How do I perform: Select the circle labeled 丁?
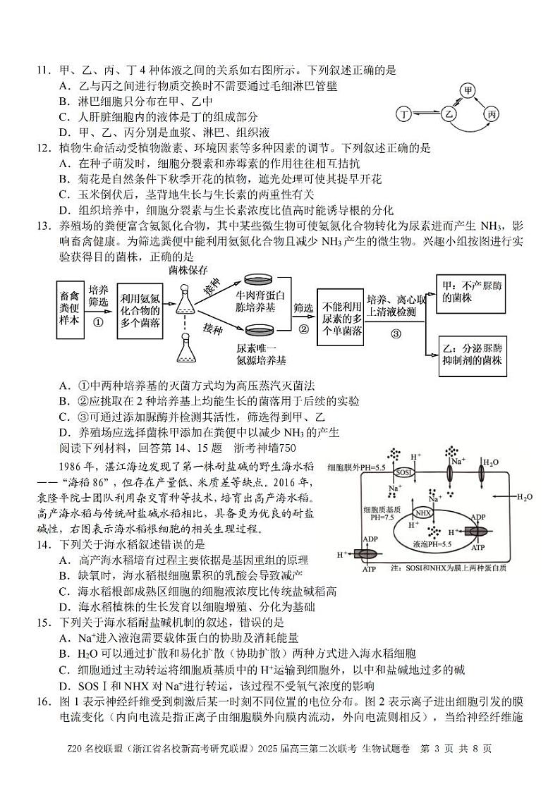click(404, 114)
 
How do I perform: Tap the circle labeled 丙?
click(492, 114)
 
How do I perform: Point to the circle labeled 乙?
click(448, 114)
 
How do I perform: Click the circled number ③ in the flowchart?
click(396, 333)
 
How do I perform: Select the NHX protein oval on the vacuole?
click(424, 513)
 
